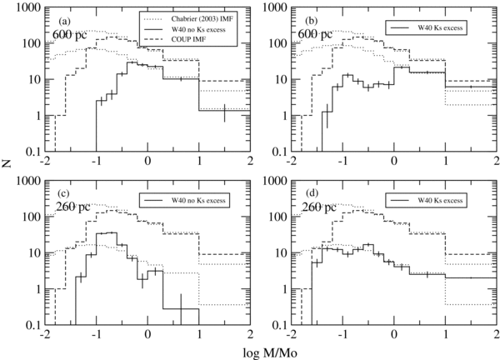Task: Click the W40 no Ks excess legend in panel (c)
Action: point(186,200)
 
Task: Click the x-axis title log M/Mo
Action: point(251,352)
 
